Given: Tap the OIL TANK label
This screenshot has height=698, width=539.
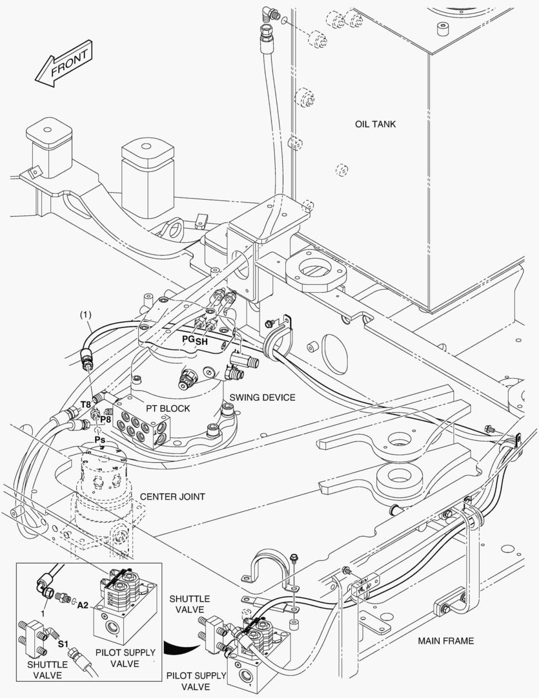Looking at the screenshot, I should click(x=375, y=123).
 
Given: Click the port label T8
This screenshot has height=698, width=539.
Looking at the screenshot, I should click(x=85, y=405).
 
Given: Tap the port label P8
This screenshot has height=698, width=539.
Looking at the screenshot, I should click(x=106, y=419).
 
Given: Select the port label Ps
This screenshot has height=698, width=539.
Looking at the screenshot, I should click(x=100, y=439).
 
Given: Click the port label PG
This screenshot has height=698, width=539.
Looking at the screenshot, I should click(x=188, y=339).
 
